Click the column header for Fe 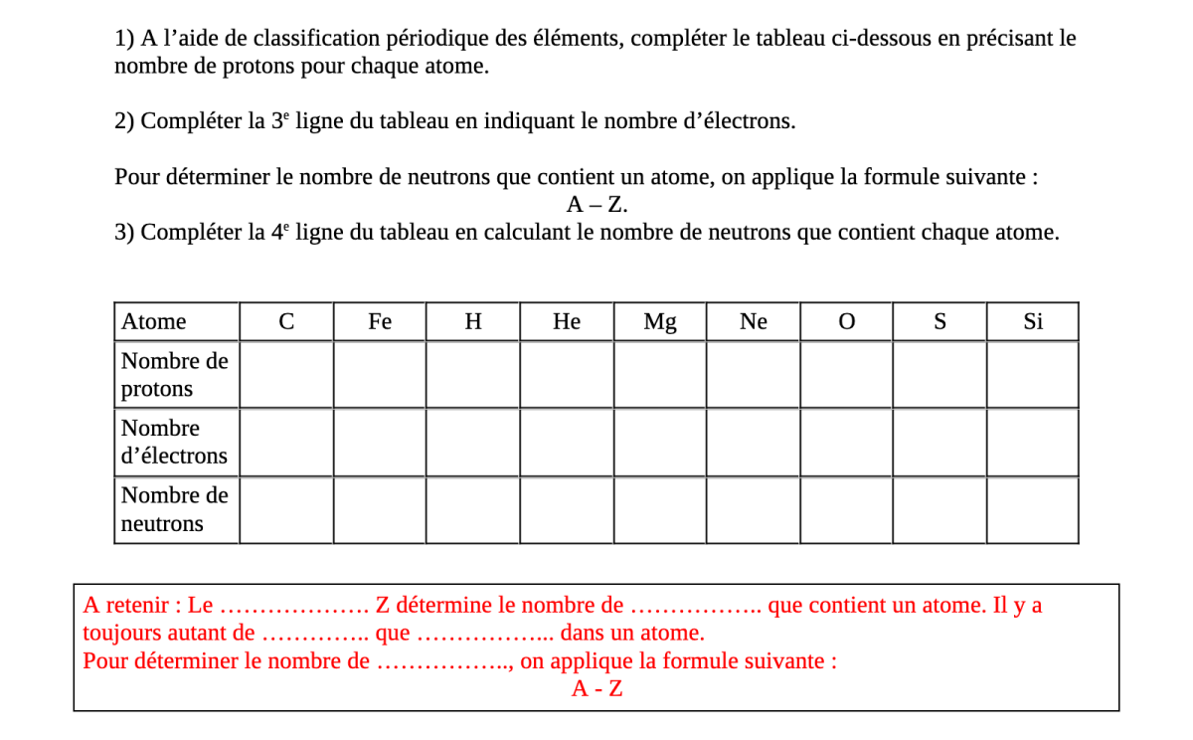380,321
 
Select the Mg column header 660,321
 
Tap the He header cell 567,321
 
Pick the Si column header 1033,321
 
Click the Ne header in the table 754,321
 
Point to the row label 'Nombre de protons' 175,375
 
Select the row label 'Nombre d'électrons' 175,443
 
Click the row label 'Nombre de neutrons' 175,509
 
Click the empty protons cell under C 286,375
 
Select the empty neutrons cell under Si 1033,510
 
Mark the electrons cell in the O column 846,443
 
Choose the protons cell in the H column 473,375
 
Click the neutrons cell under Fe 380,510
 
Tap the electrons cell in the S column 939,443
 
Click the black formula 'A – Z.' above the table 597,205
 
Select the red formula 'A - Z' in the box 597,688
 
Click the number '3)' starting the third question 124,233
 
